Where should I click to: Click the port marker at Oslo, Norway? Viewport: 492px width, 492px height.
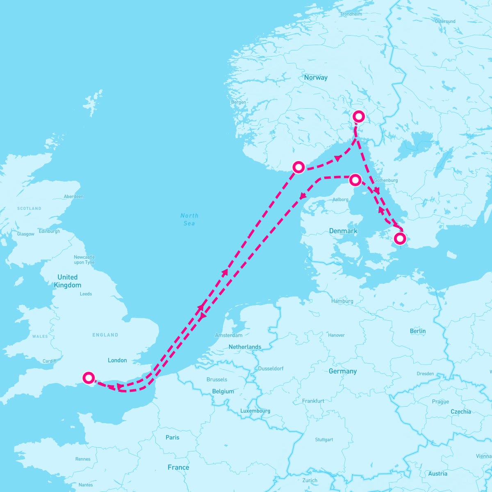[x=359, y=116]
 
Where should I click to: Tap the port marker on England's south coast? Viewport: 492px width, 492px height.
[x=89, y=378]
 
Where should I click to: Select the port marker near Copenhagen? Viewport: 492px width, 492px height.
[x=400, y=238]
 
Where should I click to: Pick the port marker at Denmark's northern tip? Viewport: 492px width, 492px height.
[x=355, y=180]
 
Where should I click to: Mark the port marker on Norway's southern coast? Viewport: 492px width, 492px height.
[x=298, y=167]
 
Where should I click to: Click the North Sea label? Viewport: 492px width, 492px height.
[x=189, y=219]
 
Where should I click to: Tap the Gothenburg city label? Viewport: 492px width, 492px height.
[x=386, y=180]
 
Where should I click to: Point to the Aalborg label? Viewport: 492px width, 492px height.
[x=340, y=200]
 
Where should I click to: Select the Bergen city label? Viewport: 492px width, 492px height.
[x=239, y=102]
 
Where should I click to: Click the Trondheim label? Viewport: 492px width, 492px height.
[x=351, y=14]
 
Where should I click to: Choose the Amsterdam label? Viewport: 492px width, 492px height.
[x=228, y=335]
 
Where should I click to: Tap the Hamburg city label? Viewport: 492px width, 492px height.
[x=342, y=301]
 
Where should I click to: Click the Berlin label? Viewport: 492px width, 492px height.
[x=417, y=331]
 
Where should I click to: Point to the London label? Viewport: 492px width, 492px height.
[x=117, y=360]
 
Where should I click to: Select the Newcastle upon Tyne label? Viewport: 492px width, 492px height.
[x=84, y=260]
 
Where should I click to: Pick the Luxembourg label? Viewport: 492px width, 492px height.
[x=255, y=411]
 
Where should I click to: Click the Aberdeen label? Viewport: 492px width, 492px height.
[x=73, y=196]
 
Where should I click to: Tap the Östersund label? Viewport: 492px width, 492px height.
[x=445, y=21]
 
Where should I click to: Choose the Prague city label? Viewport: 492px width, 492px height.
[x=440, y=401]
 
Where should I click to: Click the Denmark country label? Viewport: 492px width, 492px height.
[x=343, y=231]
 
